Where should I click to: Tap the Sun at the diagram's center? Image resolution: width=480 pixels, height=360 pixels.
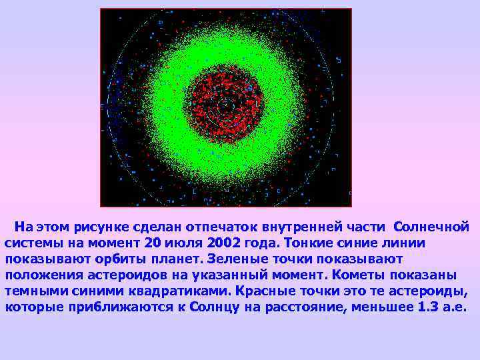(225, 104)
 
